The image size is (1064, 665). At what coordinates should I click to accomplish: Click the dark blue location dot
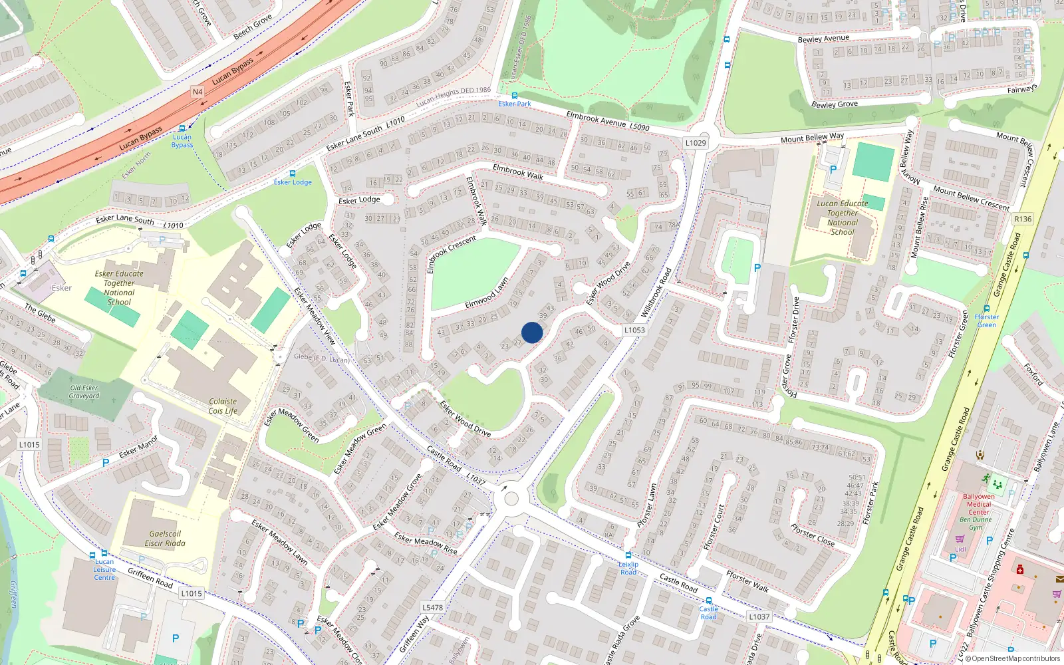[x=532, y=332]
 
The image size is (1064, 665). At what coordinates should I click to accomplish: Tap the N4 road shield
[x=198, y=92]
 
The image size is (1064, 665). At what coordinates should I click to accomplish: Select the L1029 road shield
[x=696, y=143]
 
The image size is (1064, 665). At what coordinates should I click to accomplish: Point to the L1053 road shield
[x=634, y=330]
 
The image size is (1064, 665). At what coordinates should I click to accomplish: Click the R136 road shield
[x=1023, y=219]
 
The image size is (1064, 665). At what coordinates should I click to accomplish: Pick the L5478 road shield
[x=432, y=607]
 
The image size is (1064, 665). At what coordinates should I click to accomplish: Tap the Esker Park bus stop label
[x=515, y=104]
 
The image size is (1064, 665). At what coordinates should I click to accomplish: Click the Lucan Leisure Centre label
[x=104, y=569]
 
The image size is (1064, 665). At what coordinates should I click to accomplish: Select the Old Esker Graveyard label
[x=84, y=392]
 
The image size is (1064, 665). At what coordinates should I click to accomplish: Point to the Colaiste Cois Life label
[x=223, y=406]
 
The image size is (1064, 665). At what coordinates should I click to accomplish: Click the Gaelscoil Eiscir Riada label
[x=165, y=538]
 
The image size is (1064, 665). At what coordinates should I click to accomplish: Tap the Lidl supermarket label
[x=960, y=549]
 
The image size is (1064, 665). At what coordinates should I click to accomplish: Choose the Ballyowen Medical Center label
[x=979, y=504]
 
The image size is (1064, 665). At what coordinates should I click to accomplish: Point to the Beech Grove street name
[x=252, y=27]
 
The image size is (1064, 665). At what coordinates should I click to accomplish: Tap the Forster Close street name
[x=813, y=535]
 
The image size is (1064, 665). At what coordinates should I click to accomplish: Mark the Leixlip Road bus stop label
[x=628, y=568]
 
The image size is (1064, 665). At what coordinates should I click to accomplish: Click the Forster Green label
[x=987, y=321]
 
